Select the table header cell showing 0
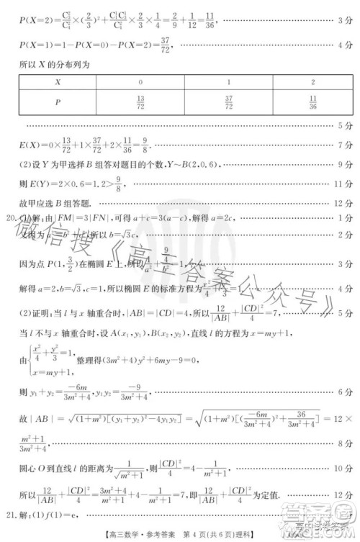[x=140, y=81]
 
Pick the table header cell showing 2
[x=312, y=81]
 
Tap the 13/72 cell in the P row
[x=140, y=104]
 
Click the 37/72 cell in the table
[x=228, y=104]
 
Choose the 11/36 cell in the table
[x=312, y=104]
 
